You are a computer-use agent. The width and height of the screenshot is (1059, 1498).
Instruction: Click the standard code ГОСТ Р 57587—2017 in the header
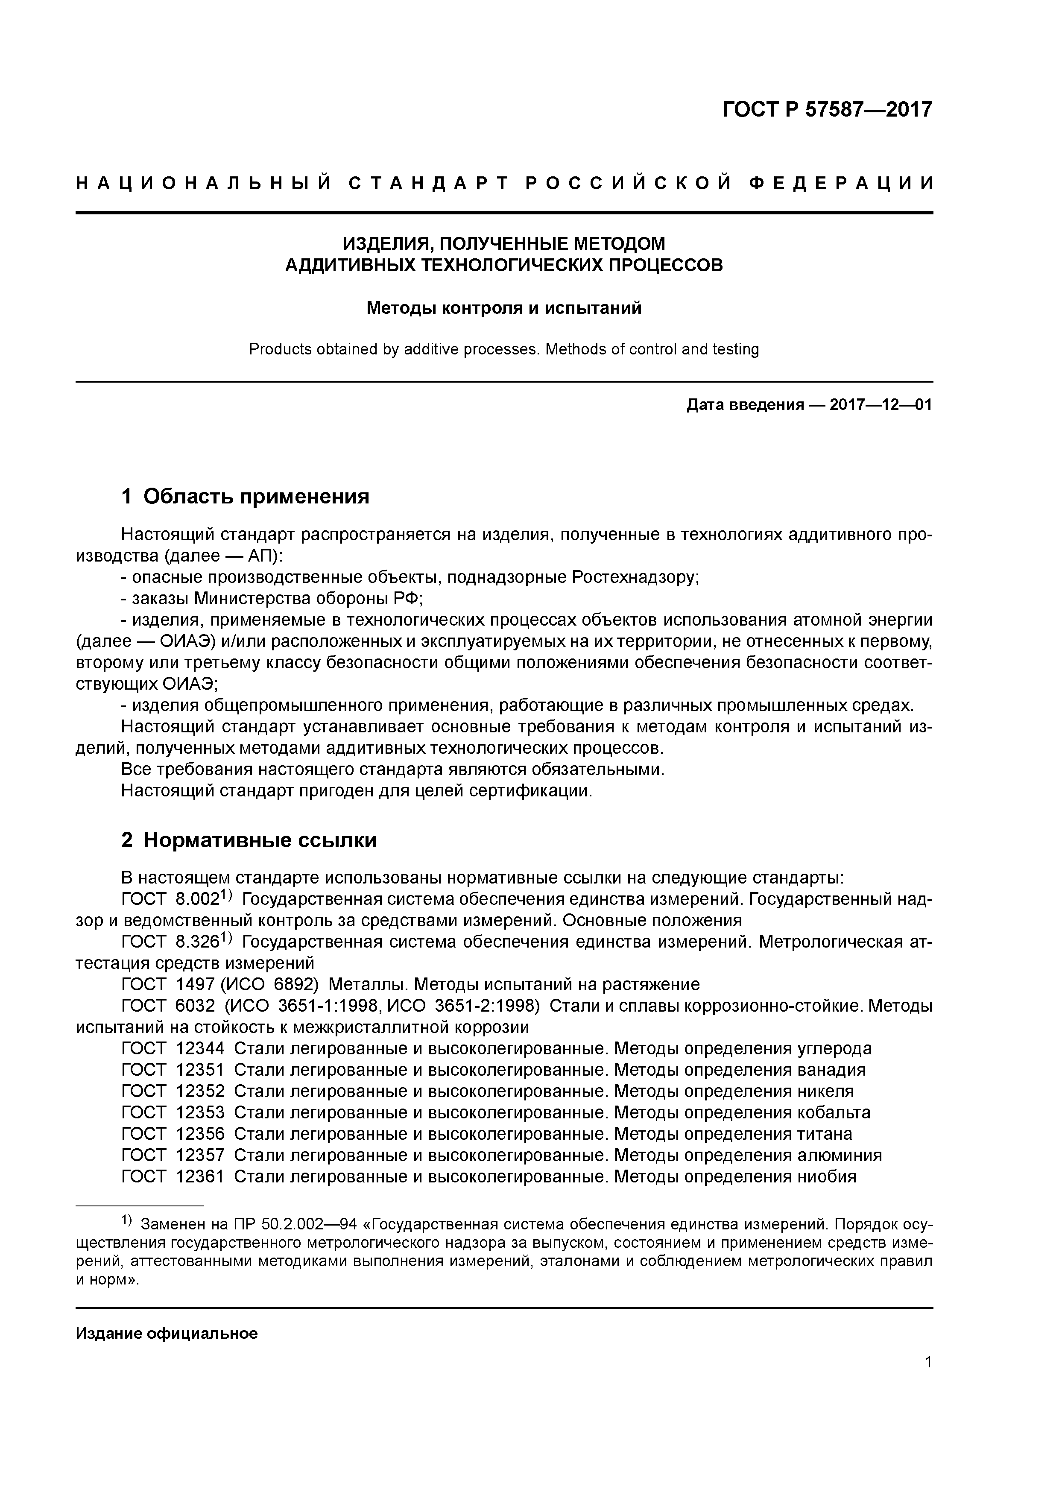click(828, 110)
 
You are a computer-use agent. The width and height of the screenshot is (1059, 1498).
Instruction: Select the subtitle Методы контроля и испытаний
click(504, 308)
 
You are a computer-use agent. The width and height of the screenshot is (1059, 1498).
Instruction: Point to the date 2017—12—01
click(881, 405)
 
